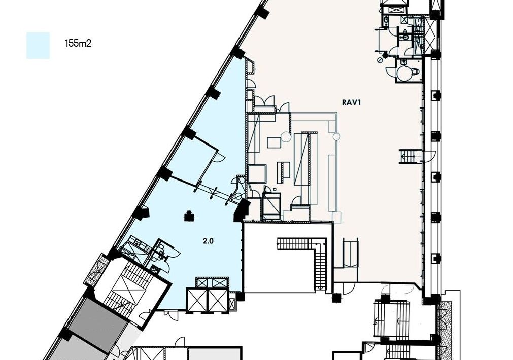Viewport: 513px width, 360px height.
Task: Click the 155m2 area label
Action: coord(78,43)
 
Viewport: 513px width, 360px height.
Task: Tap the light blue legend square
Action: coord(38,46)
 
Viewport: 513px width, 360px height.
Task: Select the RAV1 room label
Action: coord(351,102)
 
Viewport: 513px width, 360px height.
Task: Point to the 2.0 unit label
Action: coord(208,241)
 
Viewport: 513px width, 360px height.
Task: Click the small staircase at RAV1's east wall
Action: coord(407,156)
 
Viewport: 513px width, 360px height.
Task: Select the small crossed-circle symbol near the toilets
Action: coord(380,60)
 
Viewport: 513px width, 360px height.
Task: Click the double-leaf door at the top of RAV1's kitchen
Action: coord(264,101)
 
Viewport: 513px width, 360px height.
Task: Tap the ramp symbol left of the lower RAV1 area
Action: coord(351,254)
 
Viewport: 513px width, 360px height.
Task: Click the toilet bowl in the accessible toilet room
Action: coord(416,71)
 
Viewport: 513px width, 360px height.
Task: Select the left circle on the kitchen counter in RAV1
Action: coord(286,136)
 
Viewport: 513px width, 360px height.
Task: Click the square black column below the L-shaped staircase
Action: coord(336,298)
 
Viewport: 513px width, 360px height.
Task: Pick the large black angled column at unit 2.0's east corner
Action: coord(242,210)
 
